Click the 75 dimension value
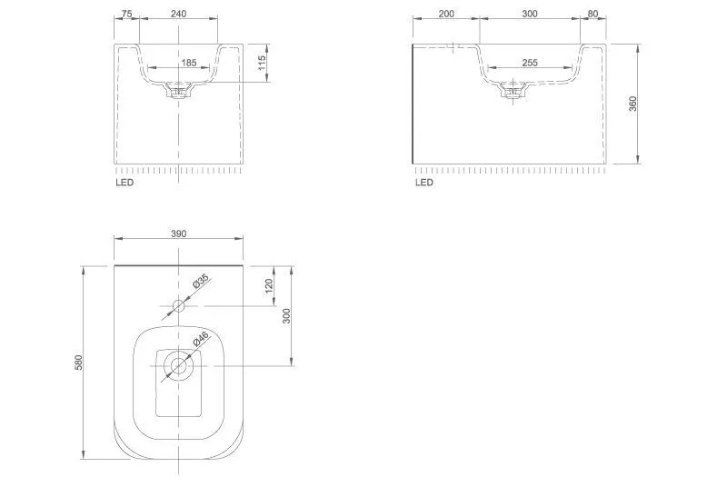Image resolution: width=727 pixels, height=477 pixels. pyautogui.click(x=126, y=14)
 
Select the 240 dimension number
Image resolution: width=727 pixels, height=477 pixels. pyautogui.click(x=178, y=14)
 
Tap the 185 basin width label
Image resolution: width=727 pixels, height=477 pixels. pyautogui.click(x=189, y=62)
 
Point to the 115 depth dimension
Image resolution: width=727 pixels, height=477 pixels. pyautogui.click(x=262, y=63)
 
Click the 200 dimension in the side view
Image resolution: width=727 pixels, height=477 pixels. pyautogui.click(x=446, y=14)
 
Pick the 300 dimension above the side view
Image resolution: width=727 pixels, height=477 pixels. pyautogui.click(x=530, y=14)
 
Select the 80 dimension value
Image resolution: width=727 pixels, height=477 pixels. pyautogui.click(x=593, y=14)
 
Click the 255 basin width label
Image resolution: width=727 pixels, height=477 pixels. pyautogui.click(x=530, y=62)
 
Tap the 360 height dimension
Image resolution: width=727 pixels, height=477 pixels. pyautogui.click(x=632, y=104)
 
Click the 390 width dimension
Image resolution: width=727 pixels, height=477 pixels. pyautogui.click(x=178, y=234)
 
